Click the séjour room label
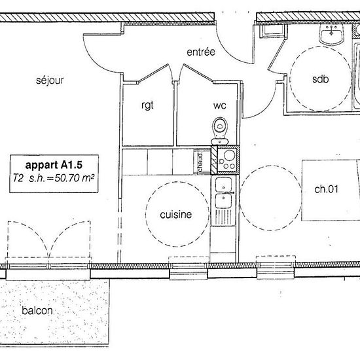coord(50,81)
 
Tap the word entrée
coord(201,52)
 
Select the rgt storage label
coord(147,105)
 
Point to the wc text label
coord(220,105)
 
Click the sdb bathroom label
coord(321,79)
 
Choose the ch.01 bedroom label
coord(327,189)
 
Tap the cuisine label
coord(176,215)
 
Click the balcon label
coord(37,311)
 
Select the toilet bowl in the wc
coord(220,130)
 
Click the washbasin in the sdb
coord(331,34)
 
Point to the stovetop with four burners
coord(227,160)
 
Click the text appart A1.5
coord(54,165)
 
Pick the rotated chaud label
coord(200,162)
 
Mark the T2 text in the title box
coord(18,178)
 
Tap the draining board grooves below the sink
coord(223,217)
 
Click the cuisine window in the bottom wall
coord(189,268)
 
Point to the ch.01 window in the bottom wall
coord(276,268)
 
